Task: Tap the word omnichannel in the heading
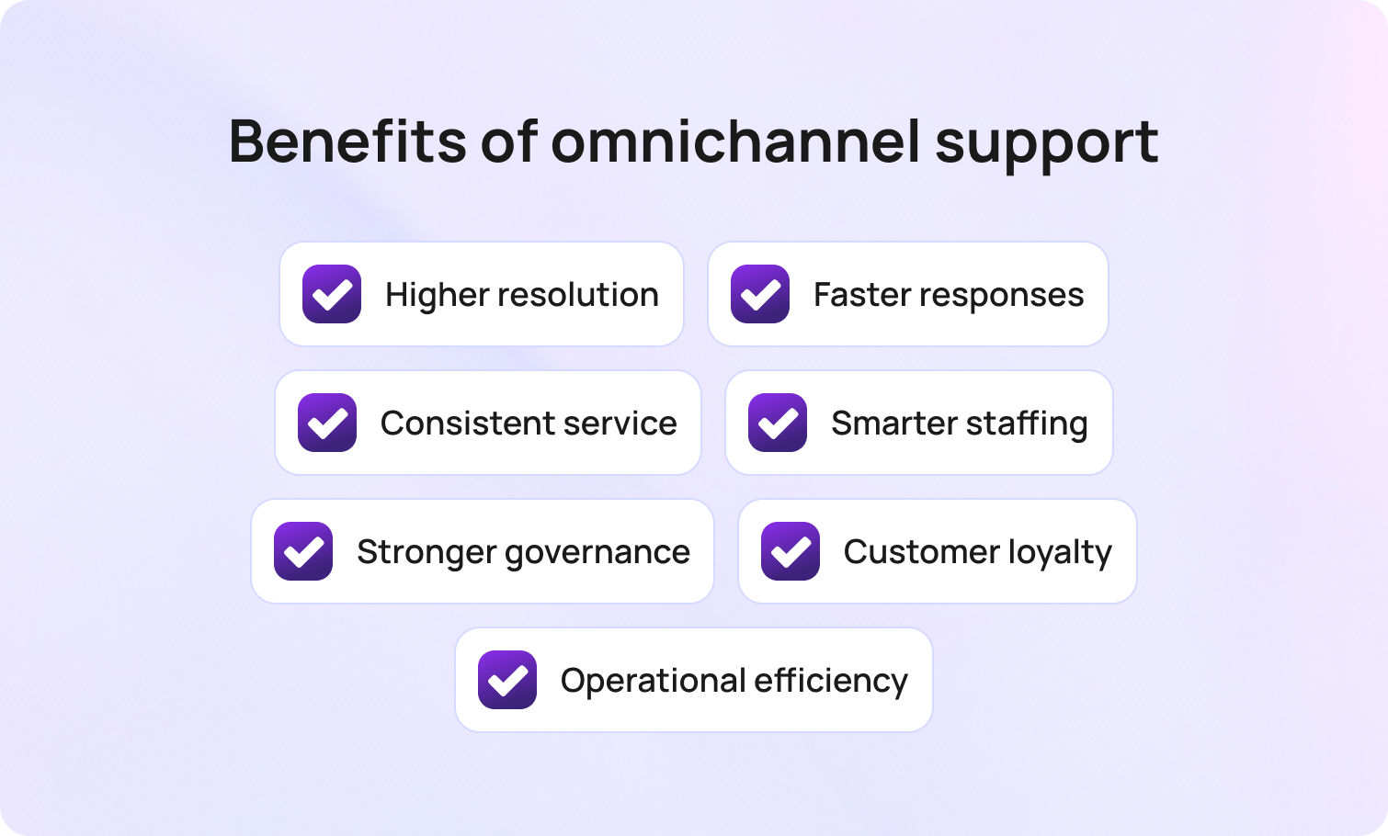[x=734, y=141]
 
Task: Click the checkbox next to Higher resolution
[x=332, y=294]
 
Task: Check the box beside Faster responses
[x=760, y=294]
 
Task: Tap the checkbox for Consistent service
[x=327, y=423]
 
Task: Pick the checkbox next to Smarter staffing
[x=778, y=423]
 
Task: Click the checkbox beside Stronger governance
[x=303, y=551]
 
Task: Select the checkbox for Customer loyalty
[x=791, y=551]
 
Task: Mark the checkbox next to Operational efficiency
[x=507, y=680]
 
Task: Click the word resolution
[x=578, y=295]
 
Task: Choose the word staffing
[x=1026, y=424]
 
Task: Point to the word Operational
[x=653, y=681]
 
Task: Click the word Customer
[x=921, y=552]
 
